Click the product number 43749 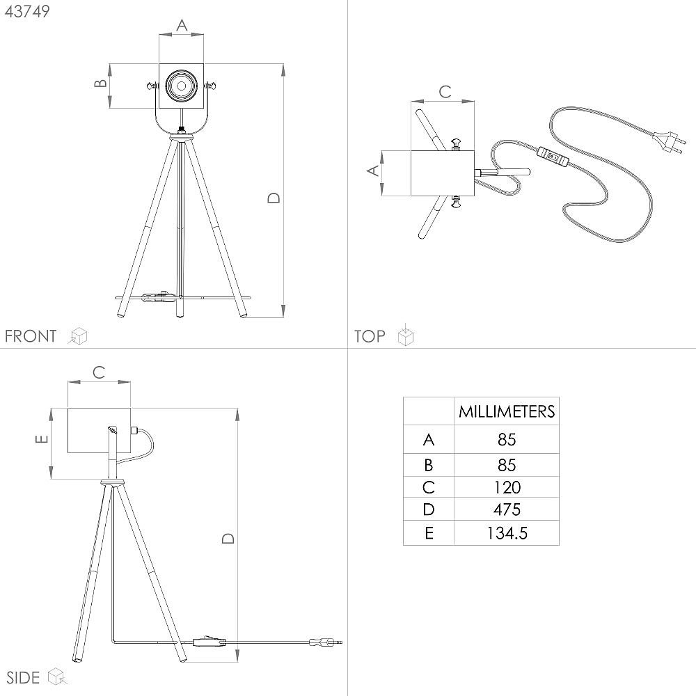point(27,12)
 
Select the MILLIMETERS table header point(507,411)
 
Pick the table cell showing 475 point(507,509)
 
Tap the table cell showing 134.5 point(507,533)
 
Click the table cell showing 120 point(507,487)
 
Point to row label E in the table point(429,533)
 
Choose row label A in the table point(428,440)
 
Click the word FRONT point(31,336)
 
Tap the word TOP point(370,336)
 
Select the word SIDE point(23,678)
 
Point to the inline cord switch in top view point(553,157)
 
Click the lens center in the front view point(181,86)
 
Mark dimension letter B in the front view point(101,83)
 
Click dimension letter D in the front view point(274,198)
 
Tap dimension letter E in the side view point(41,439)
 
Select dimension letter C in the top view point(445,92)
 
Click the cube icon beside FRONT point(78,336)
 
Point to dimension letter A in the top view point(374,171)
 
